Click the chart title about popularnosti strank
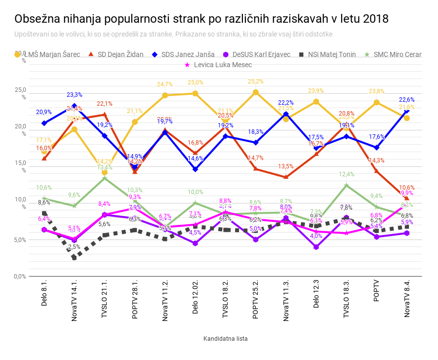tap(201, 19)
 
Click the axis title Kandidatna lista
tap(225, 339)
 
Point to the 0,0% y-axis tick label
tap(20, 276)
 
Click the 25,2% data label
tap(256, 81)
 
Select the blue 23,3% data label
tap(75, 95)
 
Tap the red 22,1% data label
tap(104, 104)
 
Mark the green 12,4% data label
tap(347, 174)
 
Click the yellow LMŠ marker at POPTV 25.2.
tap(256, 92)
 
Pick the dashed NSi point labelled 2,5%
tap(75, 257)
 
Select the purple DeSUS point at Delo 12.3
tap(316, 247)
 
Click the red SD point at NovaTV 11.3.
tap(286, 177)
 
